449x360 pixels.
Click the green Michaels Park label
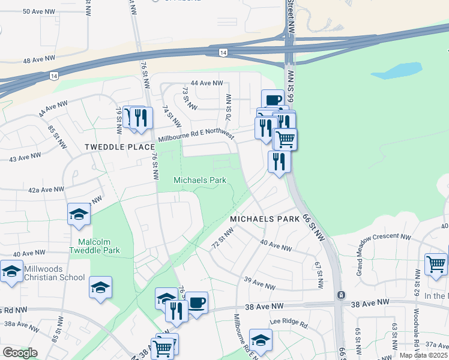(x=200, y=180)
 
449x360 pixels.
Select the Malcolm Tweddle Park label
(x=95, y=246)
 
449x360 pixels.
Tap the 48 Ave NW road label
(x=39, y=61)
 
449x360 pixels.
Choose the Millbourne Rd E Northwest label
(x=196, y=137)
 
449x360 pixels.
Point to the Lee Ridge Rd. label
(x=288, y=323)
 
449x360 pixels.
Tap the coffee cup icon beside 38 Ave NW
(x=196, y=302)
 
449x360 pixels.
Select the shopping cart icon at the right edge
(x=435, y=264)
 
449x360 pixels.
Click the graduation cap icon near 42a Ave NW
(x=79, y=214)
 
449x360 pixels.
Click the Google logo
(x=20, y=353)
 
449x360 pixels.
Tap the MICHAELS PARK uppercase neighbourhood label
(x=263, y=220)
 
